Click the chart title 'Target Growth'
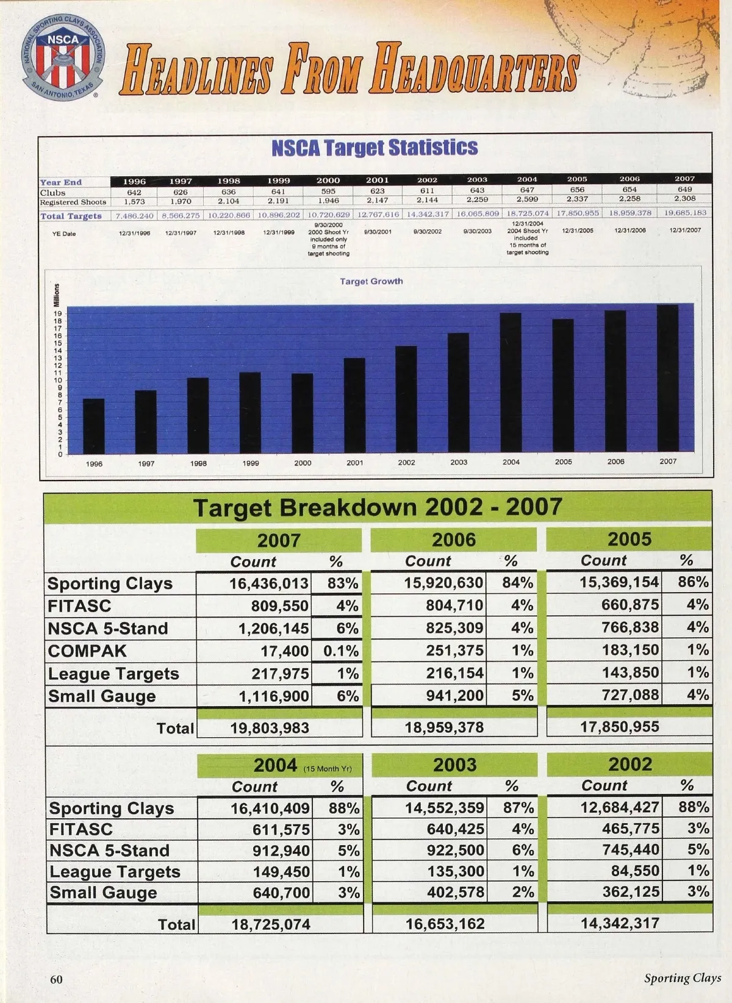coord(371,281)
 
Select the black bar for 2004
coord(511,383)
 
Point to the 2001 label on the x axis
coord(354,463)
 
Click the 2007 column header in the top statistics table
coord(684,179)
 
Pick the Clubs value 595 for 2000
coord(328,191)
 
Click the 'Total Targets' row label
coord(71,216)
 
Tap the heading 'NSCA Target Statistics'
coord(375,148)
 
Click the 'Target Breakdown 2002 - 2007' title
coord(378,507)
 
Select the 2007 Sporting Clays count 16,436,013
coord(268,584)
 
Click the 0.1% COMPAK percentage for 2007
coord(341,651)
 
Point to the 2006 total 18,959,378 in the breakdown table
coord(444,727)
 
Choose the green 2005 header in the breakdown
coord(629,540)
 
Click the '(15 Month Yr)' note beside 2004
coord(328,769)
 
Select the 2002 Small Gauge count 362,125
coord(631,892)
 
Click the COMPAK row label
coord(87,651)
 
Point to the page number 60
coord(56,979)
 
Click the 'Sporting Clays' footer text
coord(683,978)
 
